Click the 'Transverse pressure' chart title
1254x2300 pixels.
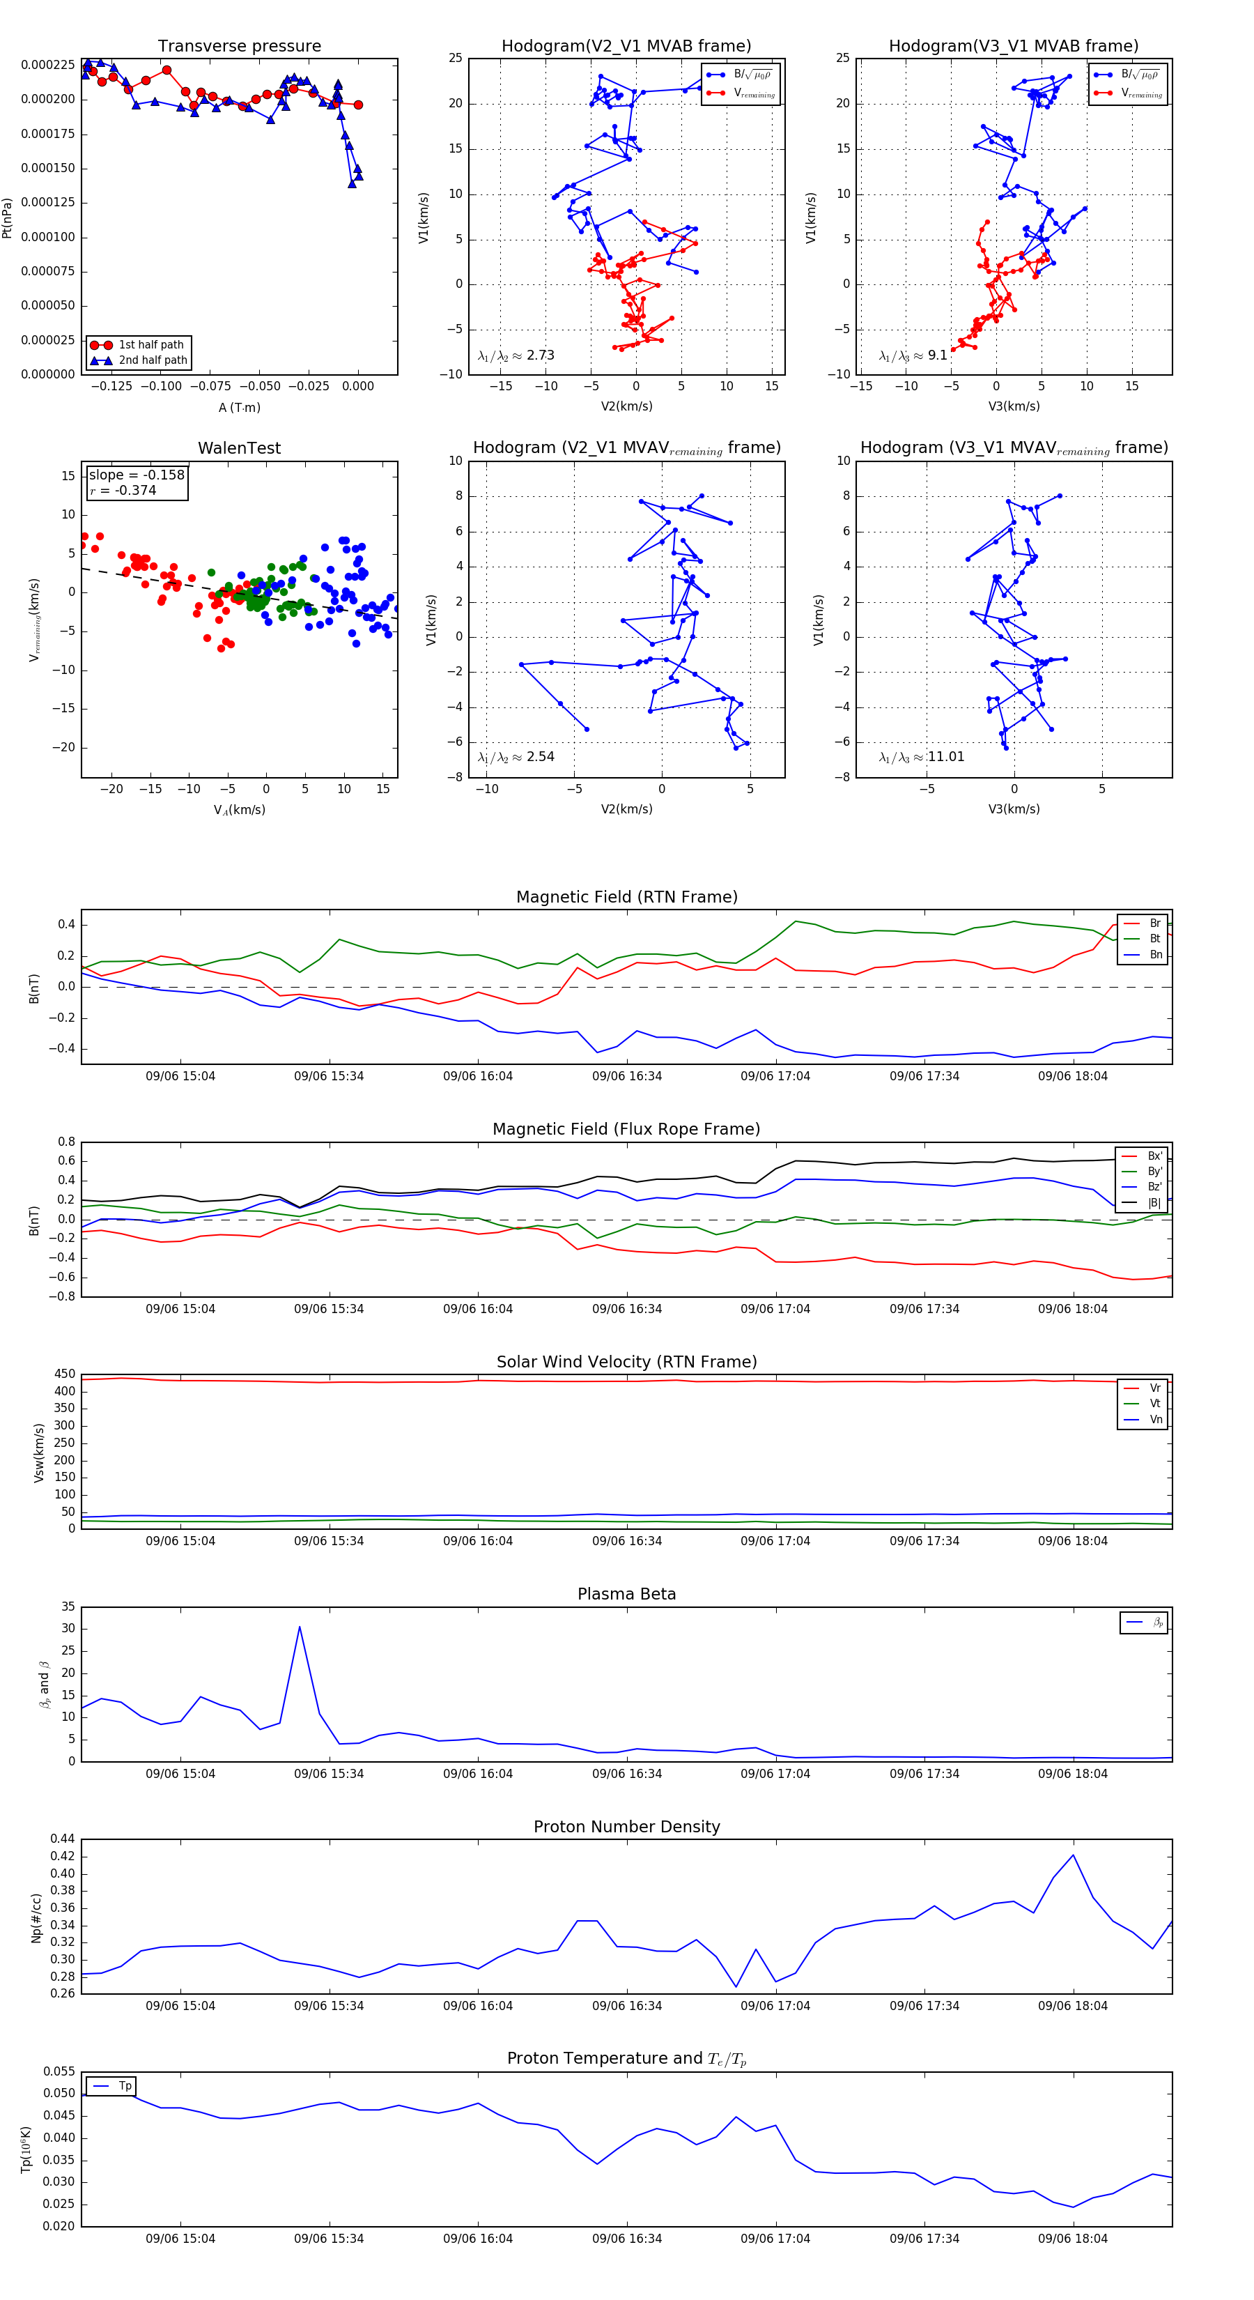point(239,47)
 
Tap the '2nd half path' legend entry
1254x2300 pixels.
point(153,361)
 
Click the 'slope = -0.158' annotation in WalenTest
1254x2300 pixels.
point(137,475)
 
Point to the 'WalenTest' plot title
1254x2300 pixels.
point(239,448)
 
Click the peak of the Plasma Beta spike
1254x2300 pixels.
point(299,1627)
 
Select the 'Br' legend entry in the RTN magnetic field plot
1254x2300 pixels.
point(1155,923)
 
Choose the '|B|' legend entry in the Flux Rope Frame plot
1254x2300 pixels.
point(1154,1203)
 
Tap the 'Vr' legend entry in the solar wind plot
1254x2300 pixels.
point(1155,1388)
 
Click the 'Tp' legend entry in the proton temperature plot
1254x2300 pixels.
point(125,2086)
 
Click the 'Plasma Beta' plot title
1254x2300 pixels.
point(626,1595)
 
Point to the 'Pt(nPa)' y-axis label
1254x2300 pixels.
point(7,218)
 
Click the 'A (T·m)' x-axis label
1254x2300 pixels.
point(239,408)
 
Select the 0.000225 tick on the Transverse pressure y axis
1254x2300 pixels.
point(48,66)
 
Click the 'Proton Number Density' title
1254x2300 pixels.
point(626,1827)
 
